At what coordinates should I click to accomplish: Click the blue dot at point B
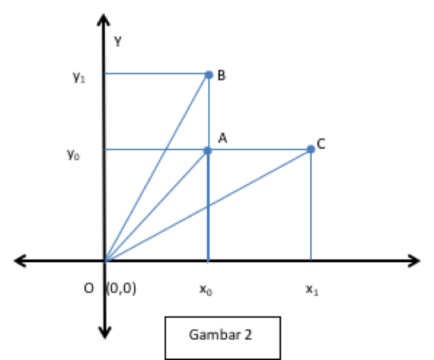[208, 74]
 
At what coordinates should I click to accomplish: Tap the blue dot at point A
[207, 150]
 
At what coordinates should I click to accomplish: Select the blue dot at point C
[310, 150]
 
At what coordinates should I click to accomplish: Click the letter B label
[221, 75]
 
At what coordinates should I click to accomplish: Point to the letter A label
[222, 138]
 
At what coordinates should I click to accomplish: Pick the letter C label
[321, 144]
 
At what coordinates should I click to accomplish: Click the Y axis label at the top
[117, 42]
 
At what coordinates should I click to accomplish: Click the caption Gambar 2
[221, 334]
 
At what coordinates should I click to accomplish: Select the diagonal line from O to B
[157, 168]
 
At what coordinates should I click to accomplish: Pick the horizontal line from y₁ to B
[154, 73]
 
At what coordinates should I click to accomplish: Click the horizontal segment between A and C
[259, 150]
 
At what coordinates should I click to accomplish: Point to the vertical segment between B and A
[208, 112]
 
